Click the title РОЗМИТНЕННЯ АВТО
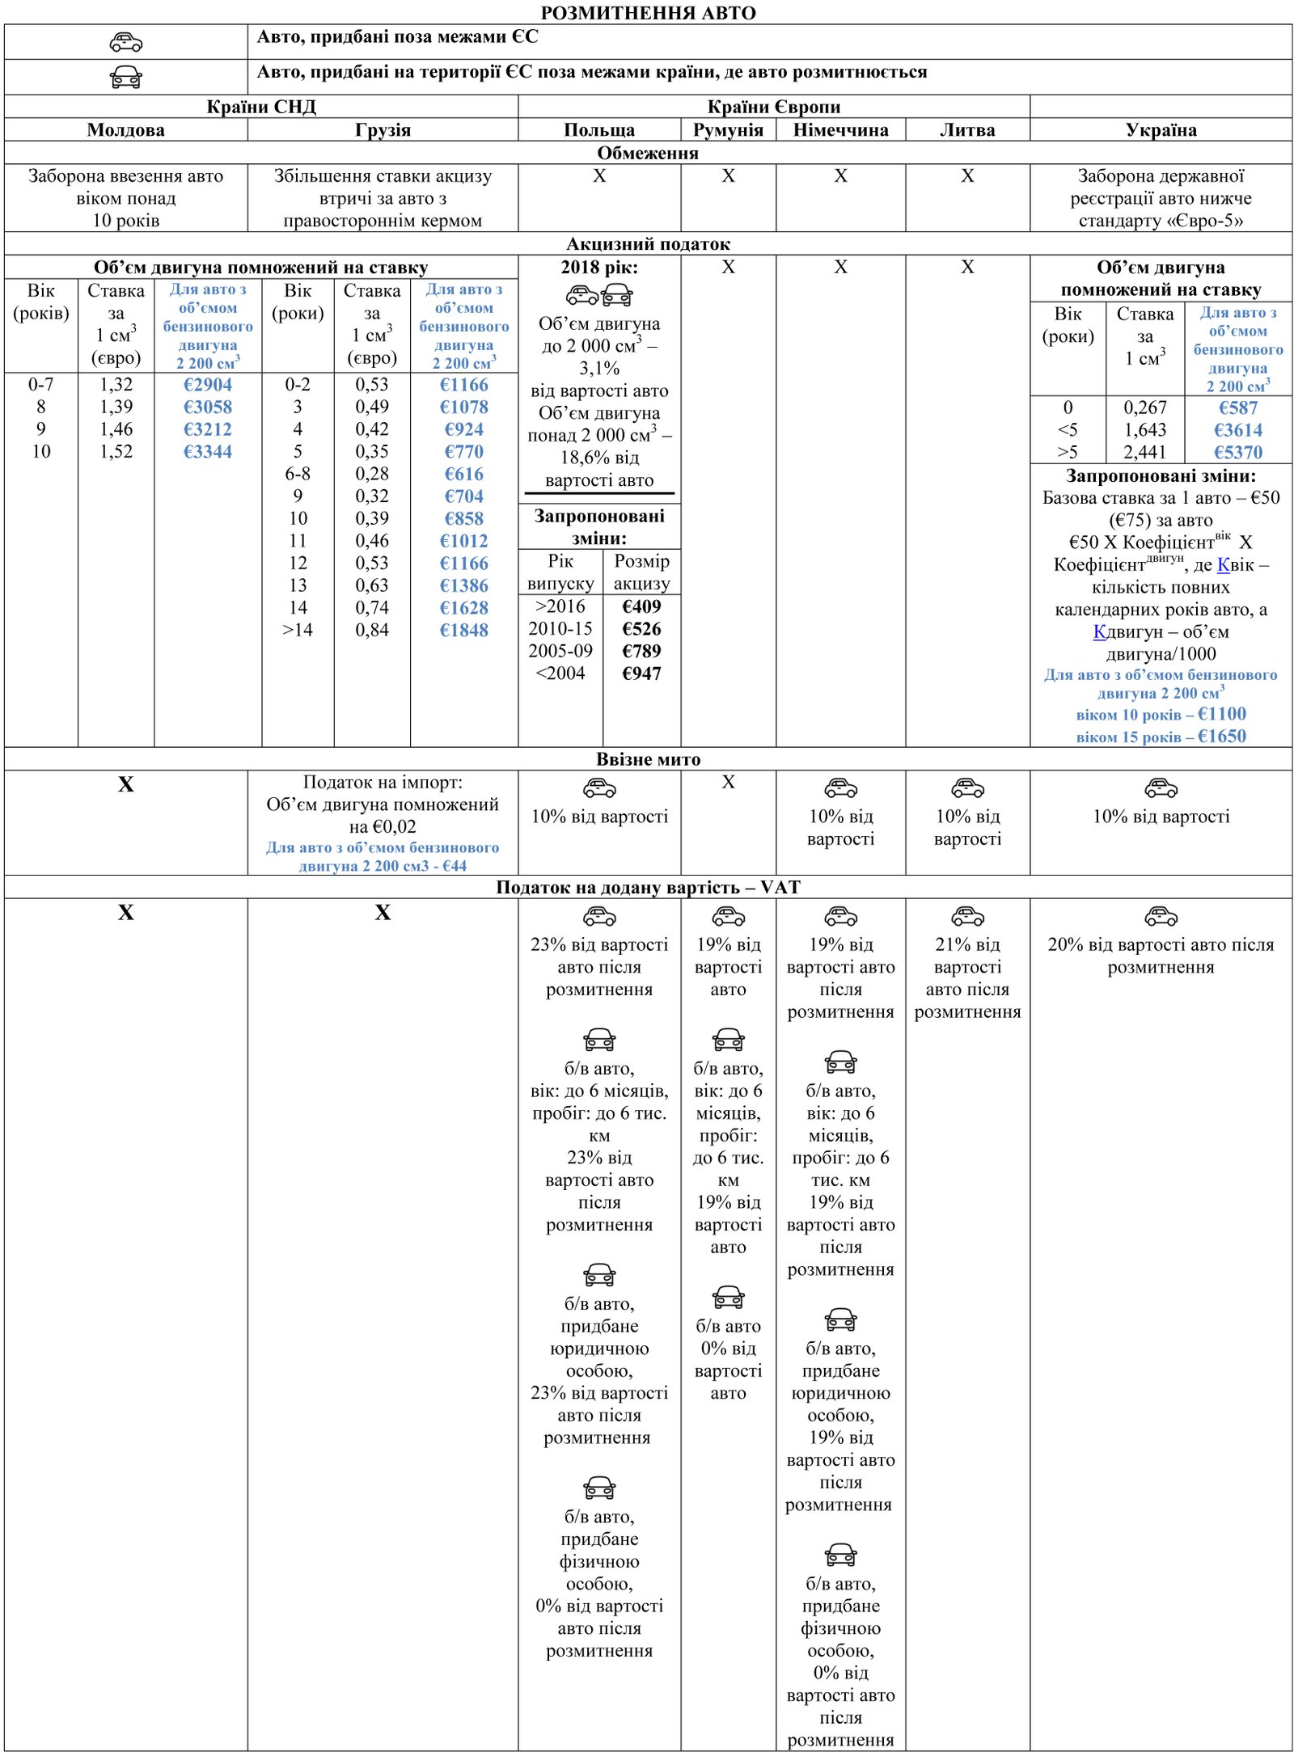tap(648, 13)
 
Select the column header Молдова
tap(125, 130)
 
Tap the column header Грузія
tap(383, 130)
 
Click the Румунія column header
tap(728, 130)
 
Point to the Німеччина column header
tap(840, 130)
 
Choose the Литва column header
tap(967, 130)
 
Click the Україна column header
tap(1161, 130)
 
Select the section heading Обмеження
tap(648, 153)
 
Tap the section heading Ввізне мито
tap(648, 759)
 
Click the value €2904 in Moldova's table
tap(208, 385)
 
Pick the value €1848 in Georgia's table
tap(464, 631)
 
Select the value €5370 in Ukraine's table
tap(1237, 453)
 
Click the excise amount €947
tap(641, 673)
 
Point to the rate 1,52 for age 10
tap(116, 452)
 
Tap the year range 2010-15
tap(560, 629)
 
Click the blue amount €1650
tap(1221, 737)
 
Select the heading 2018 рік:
tap(599, 268)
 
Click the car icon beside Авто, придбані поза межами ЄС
tap(126, 42)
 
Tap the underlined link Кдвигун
tap(1099, 632)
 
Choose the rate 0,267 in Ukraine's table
tap(1144, 408)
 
